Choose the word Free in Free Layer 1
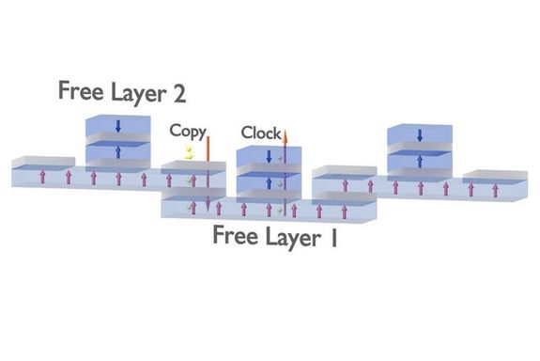(235, 235)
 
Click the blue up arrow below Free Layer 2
(118, 151)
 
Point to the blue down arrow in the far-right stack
(420, 135)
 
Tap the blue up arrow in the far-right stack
(420, 161)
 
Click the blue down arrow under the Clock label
(270, 156)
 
